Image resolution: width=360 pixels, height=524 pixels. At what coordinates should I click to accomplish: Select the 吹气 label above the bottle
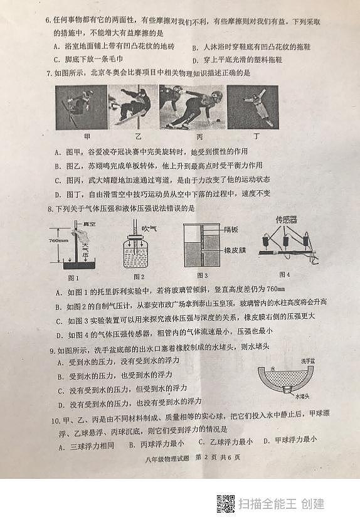[x=149, y=228]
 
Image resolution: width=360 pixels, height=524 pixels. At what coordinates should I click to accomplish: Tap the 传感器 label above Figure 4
[x=289, y=220]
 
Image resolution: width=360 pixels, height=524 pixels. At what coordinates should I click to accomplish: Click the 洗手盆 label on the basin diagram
[x=308, y=361]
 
